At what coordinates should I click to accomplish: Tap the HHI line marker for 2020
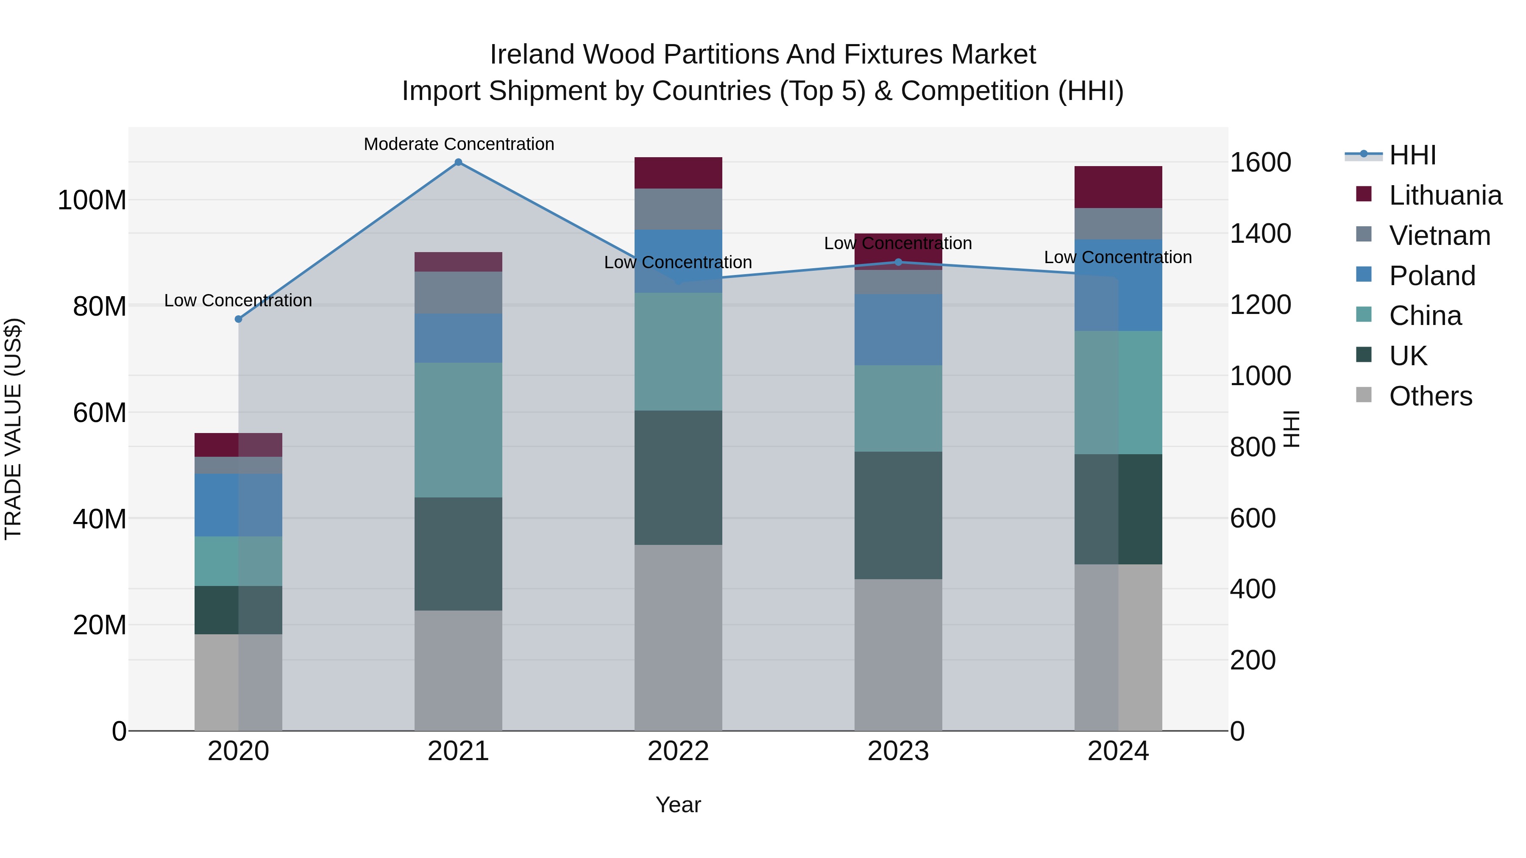pyautogui.click(x=238, y=319)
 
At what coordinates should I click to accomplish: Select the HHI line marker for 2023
pyautogui.click(x=898, y=262)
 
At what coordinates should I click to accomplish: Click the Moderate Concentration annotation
pyautogui.click(x=459, y=144)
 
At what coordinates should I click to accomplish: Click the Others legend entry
pyautogui.click(x=1430, y=396)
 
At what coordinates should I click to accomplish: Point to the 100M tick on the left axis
pyautogui.click(x=92, y=200)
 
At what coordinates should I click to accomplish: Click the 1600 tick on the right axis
pyautogui.click(x=1260, y=162)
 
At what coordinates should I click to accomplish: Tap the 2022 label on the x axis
pyautogui.click(x=678, y=751)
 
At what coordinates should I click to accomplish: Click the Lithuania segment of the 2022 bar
pyautogui.click(x=678, y=173)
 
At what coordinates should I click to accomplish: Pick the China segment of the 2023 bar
pyautogui.click(x=898, y=408)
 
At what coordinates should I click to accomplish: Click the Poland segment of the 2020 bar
pyautogui.click(x=238, y=505)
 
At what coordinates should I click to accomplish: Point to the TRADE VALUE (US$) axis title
pyautogui.click(x=13, y=429)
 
